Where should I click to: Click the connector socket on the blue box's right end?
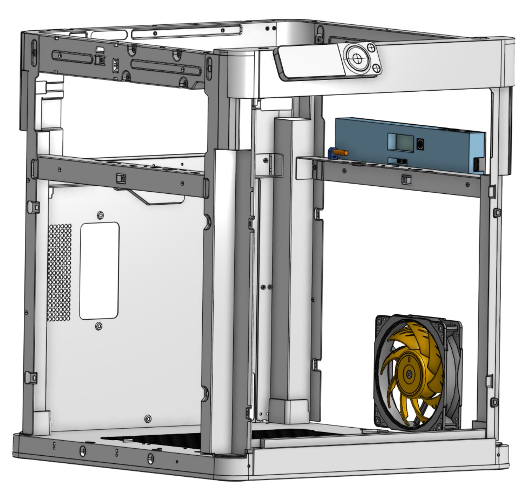pyautogui.click(x=476, y=164)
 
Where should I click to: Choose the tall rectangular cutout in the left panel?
pyautogui.click(x=99, y=270)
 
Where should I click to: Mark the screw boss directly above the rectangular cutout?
pyautogui.click(x=100, y=215)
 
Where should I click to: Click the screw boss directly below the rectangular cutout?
pyautogui.click(x=99, y=326)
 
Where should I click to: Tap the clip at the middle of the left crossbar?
pyautogui.click(x=121, y=178)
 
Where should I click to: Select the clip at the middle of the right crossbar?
pyautogui.click(x=406, y=180)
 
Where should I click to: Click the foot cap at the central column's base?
pyautogui.click(x=289, y=410)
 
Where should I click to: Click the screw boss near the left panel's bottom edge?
pyautogui.click(x=148, y=419)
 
